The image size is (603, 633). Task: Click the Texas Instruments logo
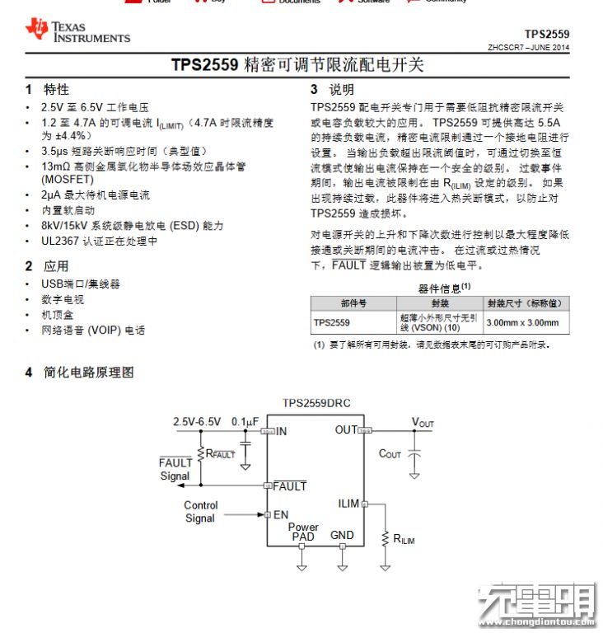(x=77, y=31)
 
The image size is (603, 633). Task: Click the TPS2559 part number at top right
(x=546, y=35)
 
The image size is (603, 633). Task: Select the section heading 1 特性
(x=48, y=89)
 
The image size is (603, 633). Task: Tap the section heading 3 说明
(x=332, y=89)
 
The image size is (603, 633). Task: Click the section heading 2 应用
(x=48, y=266)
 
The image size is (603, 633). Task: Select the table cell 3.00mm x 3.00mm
(x=522, y=322)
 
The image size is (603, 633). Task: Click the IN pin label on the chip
(x=282, y=430)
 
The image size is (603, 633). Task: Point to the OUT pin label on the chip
(x=346, y=429)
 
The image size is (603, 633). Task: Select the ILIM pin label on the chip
(x=348, y=503)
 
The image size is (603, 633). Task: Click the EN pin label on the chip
(x=281, y=515)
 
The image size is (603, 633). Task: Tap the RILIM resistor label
(x=404, y=539)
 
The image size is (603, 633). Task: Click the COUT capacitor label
(x=390, y=454)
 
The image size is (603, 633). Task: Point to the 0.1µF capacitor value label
(x=245, y=421)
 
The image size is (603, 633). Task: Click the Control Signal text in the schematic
(x=200, y=512)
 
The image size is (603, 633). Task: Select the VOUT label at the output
(x=423, y=423)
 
